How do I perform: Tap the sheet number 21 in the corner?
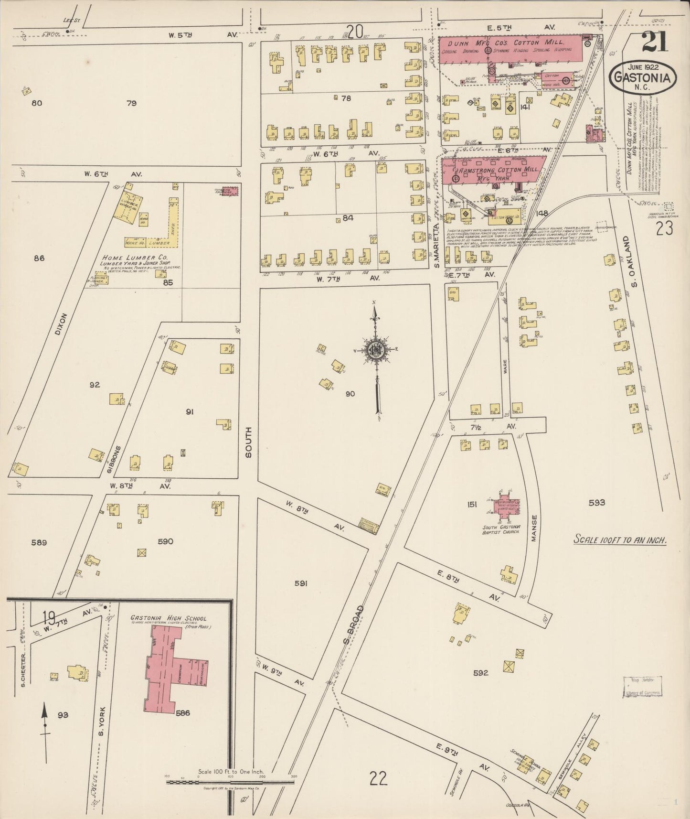(655, 42)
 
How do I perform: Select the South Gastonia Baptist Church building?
(506, 505)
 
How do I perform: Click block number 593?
(596, 502)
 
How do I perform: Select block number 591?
(300, 583)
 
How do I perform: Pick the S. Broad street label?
(353, 624)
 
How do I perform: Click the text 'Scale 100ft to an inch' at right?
(620, 540)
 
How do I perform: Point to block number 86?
(39, 258)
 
